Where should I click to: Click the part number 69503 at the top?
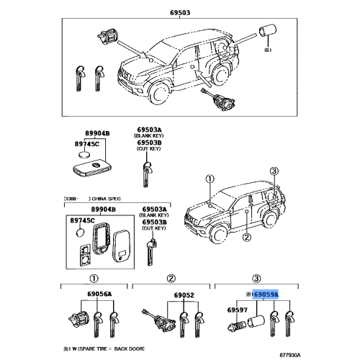(x=180, y=13)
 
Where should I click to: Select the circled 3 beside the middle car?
(x=274, y=171)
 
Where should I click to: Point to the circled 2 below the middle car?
(x=246, y=237)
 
